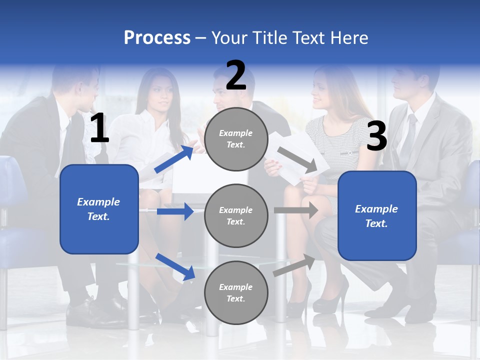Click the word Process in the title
click(x=157, y=38)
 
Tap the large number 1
click(x=99, y=128)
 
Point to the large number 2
click(x=236, y=75)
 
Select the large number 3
click(x=376, y=136)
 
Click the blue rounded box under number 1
click(x=99, y=209)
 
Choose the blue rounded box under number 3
click(x=377, y=216)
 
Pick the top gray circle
click(x=236, y=139)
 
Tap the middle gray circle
click(x=236, y=215)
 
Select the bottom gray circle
click(x=236, y=292)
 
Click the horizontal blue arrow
click(x=174, y=211)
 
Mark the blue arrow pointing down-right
click(x=175, y=266)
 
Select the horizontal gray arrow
click(x=295, y=210)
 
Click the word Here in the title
click(x=350, y=38)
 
